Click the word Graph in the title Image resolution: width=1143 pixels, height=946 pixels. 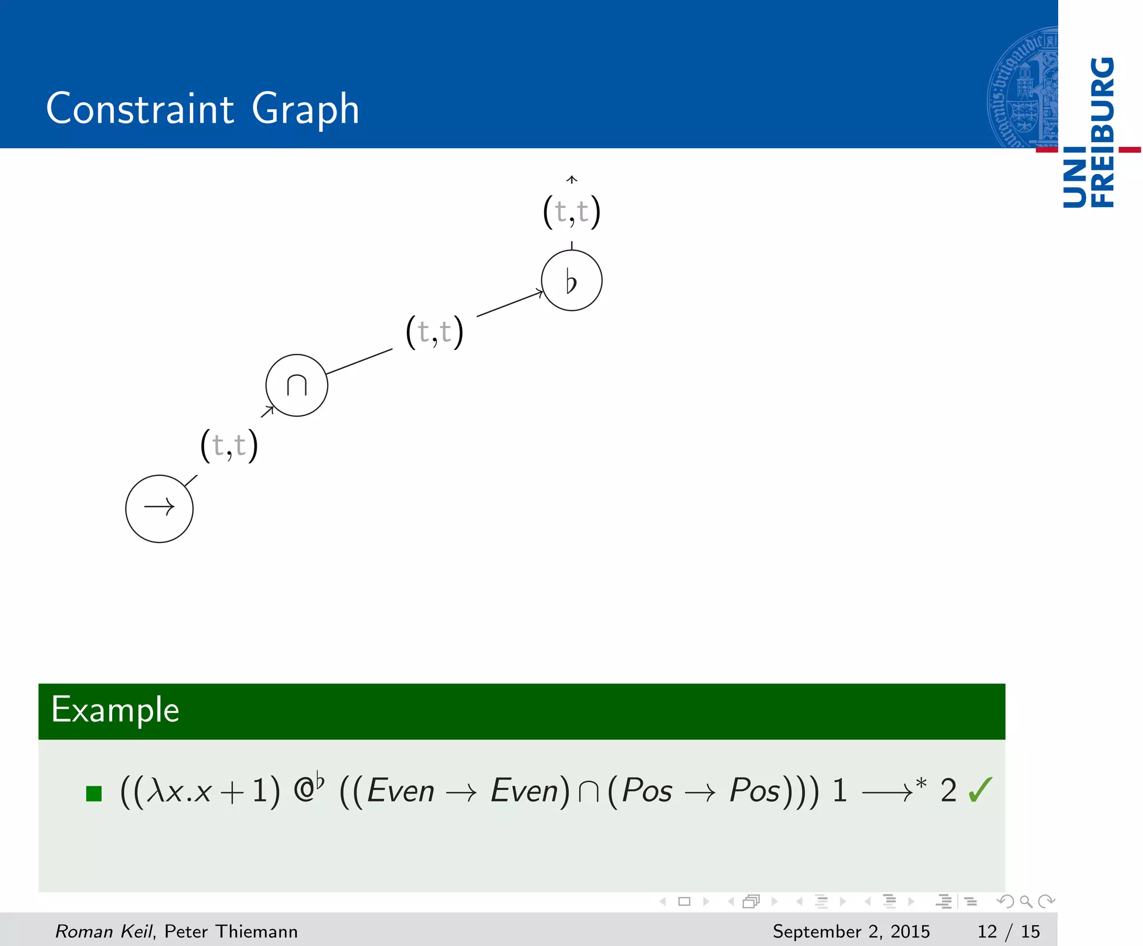pyautogui.click(x=305, y=109)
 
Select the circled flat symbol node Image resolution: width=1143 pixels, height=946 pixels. pyautogui.click(x=571, y=280)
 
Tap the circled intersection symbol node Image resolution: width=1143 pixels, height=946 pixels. pyautogui.click(x=296, y=385)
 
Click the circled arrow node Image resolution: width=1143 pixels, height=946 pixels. pyautogui.click(x=159, y=508)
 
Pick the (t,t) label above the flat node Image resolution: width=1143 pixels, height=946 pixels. pyautogui.click(x=571, y=212)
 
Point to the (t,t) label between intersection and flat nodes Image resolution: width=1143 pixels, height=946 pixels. pyautogui.click(x=435, y=332)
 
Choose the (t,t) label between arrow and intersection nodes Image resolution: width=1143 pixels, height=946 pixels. pyautogui.click(x=229, y=445)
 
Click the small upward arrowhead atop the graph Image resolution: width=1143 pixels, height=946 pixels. pyautogui.click(x=571, y=179)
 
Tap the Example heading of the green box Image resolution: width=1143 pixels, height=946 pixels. pyautogui.click(x=116, y=710)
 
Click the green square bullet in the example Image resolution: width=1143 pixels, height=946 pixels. pyautogui.click(x=94, y=793)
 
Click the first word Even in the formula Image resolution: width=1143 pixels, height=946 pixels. pyautogui.click(x=401, y=791)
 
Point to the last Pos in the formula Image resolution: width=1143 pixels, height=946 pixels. pyautogui.click(x=755, y=791)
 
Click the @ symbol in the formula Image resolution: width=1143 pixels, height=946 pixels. pyautogui.click(x=304, y=791)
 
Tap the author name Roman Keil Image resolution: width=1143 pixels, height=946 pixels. pyautogui.click(x=104, y=931)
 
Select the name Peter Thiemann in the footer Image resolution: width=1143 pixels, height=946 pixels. pyautogui.click(x=231, y=931)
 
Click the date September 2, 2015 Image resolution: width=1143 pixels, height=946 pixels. pyautogui.click(x=851, y=931)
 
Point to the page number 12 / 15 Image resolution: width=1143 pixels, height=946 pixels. pyautogui.click(x=1008, y=931)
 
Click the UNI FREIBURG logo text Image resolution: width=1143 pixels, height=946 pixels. pyautogui.click(x=1088, y=132)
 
